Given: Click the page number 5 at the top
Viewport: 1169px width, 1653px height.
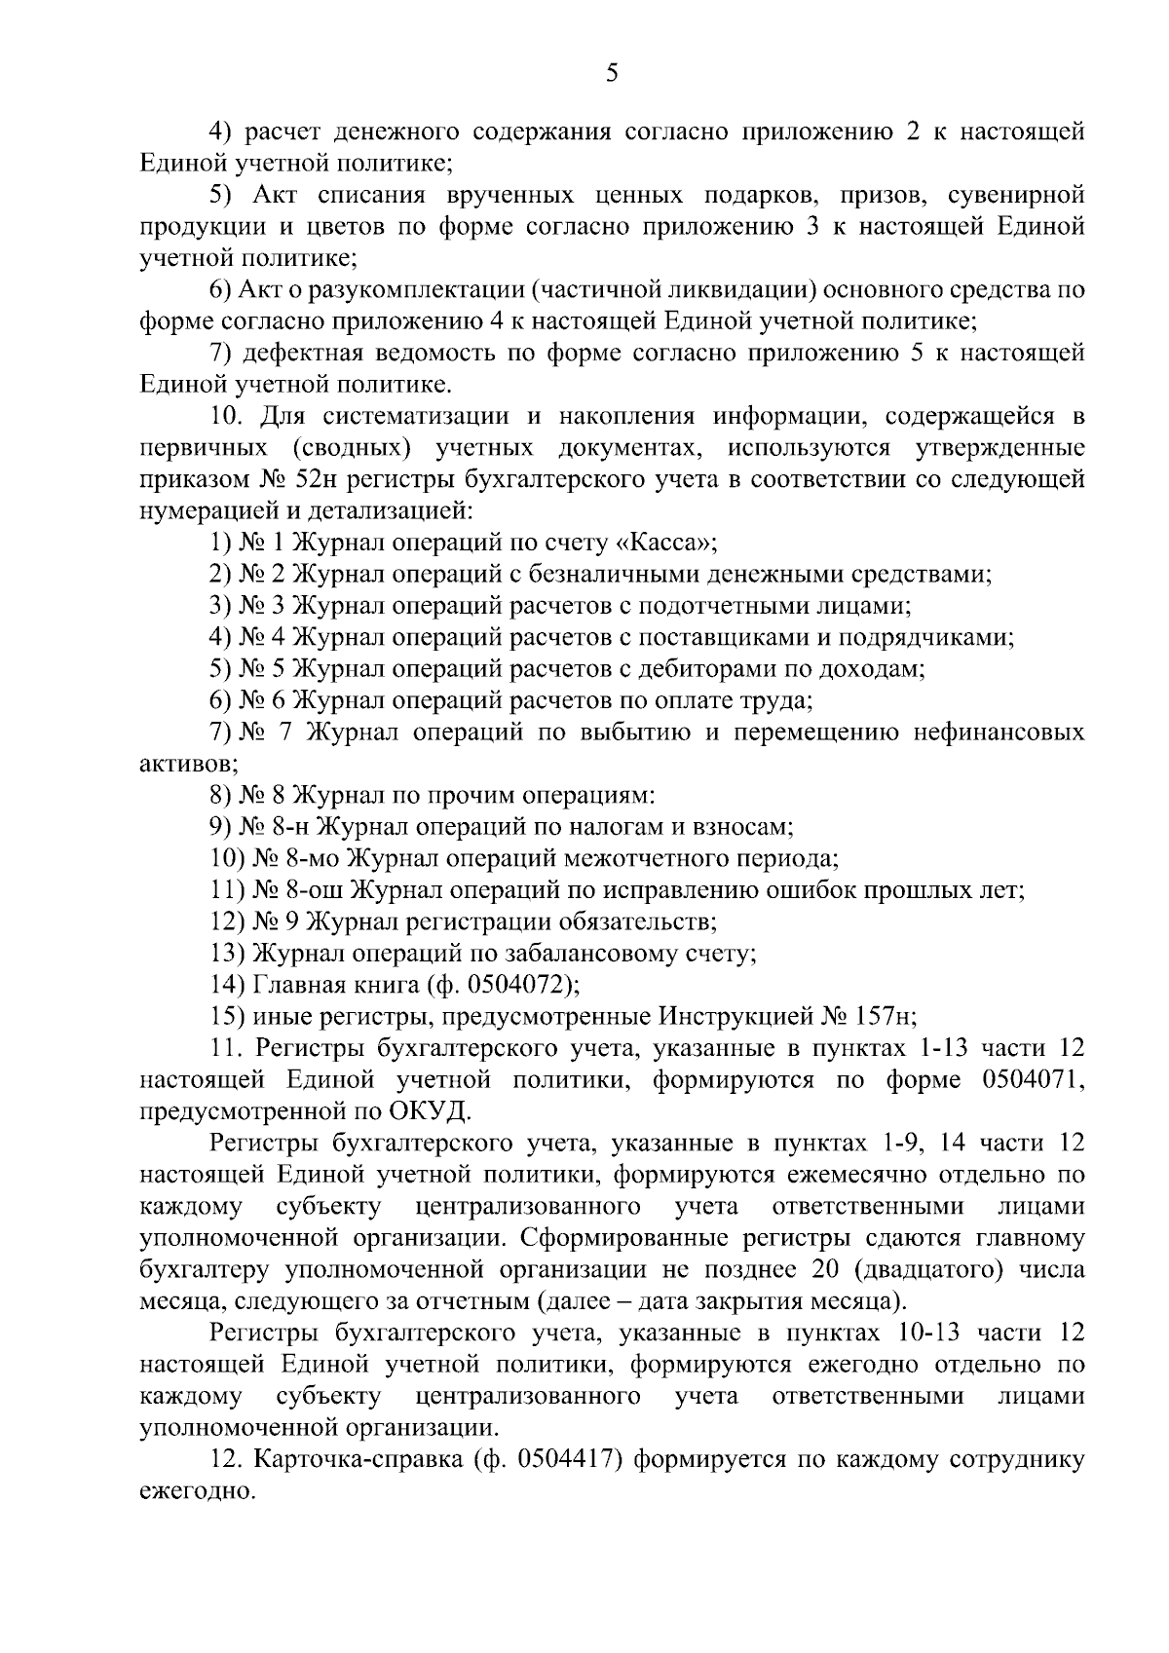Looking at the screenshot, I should click(611, 73).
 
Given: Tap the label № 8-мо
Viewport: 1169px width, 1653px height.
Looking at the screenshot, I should click(293, 858).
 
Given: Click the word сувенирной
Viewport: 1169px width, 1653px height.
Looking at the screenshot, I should click(1016, 195).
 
